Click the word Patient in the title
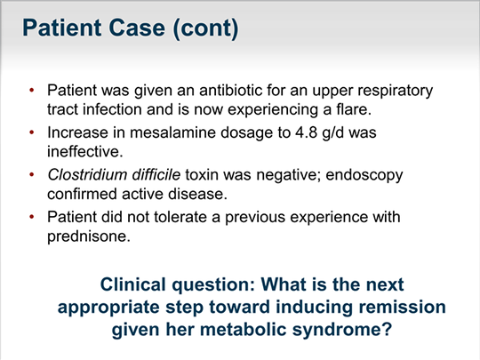click(62, 28)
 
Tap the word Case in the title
click(137, 28)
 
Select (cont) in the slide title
click(205, 28)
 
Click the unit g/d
click(333, 133)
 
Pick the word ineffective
click(84, 151)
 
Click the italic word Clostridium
click(87, 175)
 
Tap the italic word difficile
click(156, 175)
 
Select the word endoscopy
click(364, 176)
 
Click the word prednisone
click(89, 236)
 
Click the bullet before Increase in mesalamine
click(31, 132)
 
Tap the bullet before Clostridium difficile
click(31, 175)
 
